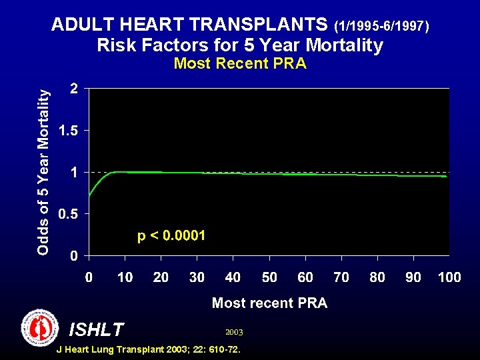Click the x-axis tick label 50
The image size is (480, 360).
point(269,277)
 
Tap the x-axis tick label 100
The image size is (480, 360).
point(449,277)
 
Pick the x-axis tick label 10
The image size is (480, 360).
point(125,277)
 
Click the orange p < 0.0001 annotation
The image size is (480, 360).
point(171,236)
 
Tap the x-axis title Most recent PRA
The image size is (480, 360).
point(269,303)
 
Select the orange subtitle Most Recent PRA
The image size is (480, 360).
point(240,64)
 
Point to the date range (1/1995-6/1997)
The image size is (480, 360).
point(384,27)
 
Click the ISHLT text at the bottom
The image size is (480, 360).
point(96,329)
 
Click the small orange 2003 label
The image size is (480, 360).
point(234,331)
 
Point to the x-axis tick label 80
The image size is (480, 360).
point(377,277)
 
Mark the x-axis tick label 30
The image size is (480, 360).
point(197,277)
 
